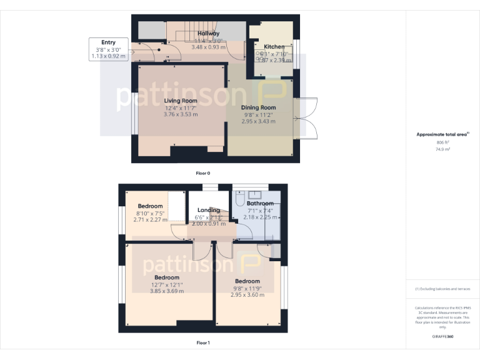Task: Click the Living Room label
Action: [181, 101]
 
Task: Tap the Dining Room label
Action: [258, 107]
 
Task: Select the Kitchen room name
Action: [274, 47]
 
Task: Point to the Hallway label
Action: [208, 33]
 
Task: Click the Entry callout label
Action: [108, 42]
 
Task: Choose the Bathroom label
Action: [259, 203]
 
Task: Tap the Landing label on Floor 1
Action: [208, 210]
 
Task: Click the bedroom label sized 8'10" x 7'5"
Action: [150, 206]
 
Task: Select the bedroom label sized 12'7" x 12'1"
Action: [167, 277]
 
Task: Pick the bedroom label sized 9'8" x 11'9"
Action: [247, 281]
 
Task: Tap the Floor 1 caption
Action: [203, 342]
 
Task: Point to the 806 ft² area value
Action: [442, 142]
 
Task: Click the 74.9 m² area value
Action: [442, 149]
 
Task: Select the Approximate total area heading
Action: [441, 134]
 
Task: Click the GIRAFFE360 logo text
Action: [442, 337]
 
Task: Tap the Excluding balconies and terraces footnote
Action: [442, 289]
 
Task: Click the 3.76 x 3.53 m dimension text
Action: [181, 114]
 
